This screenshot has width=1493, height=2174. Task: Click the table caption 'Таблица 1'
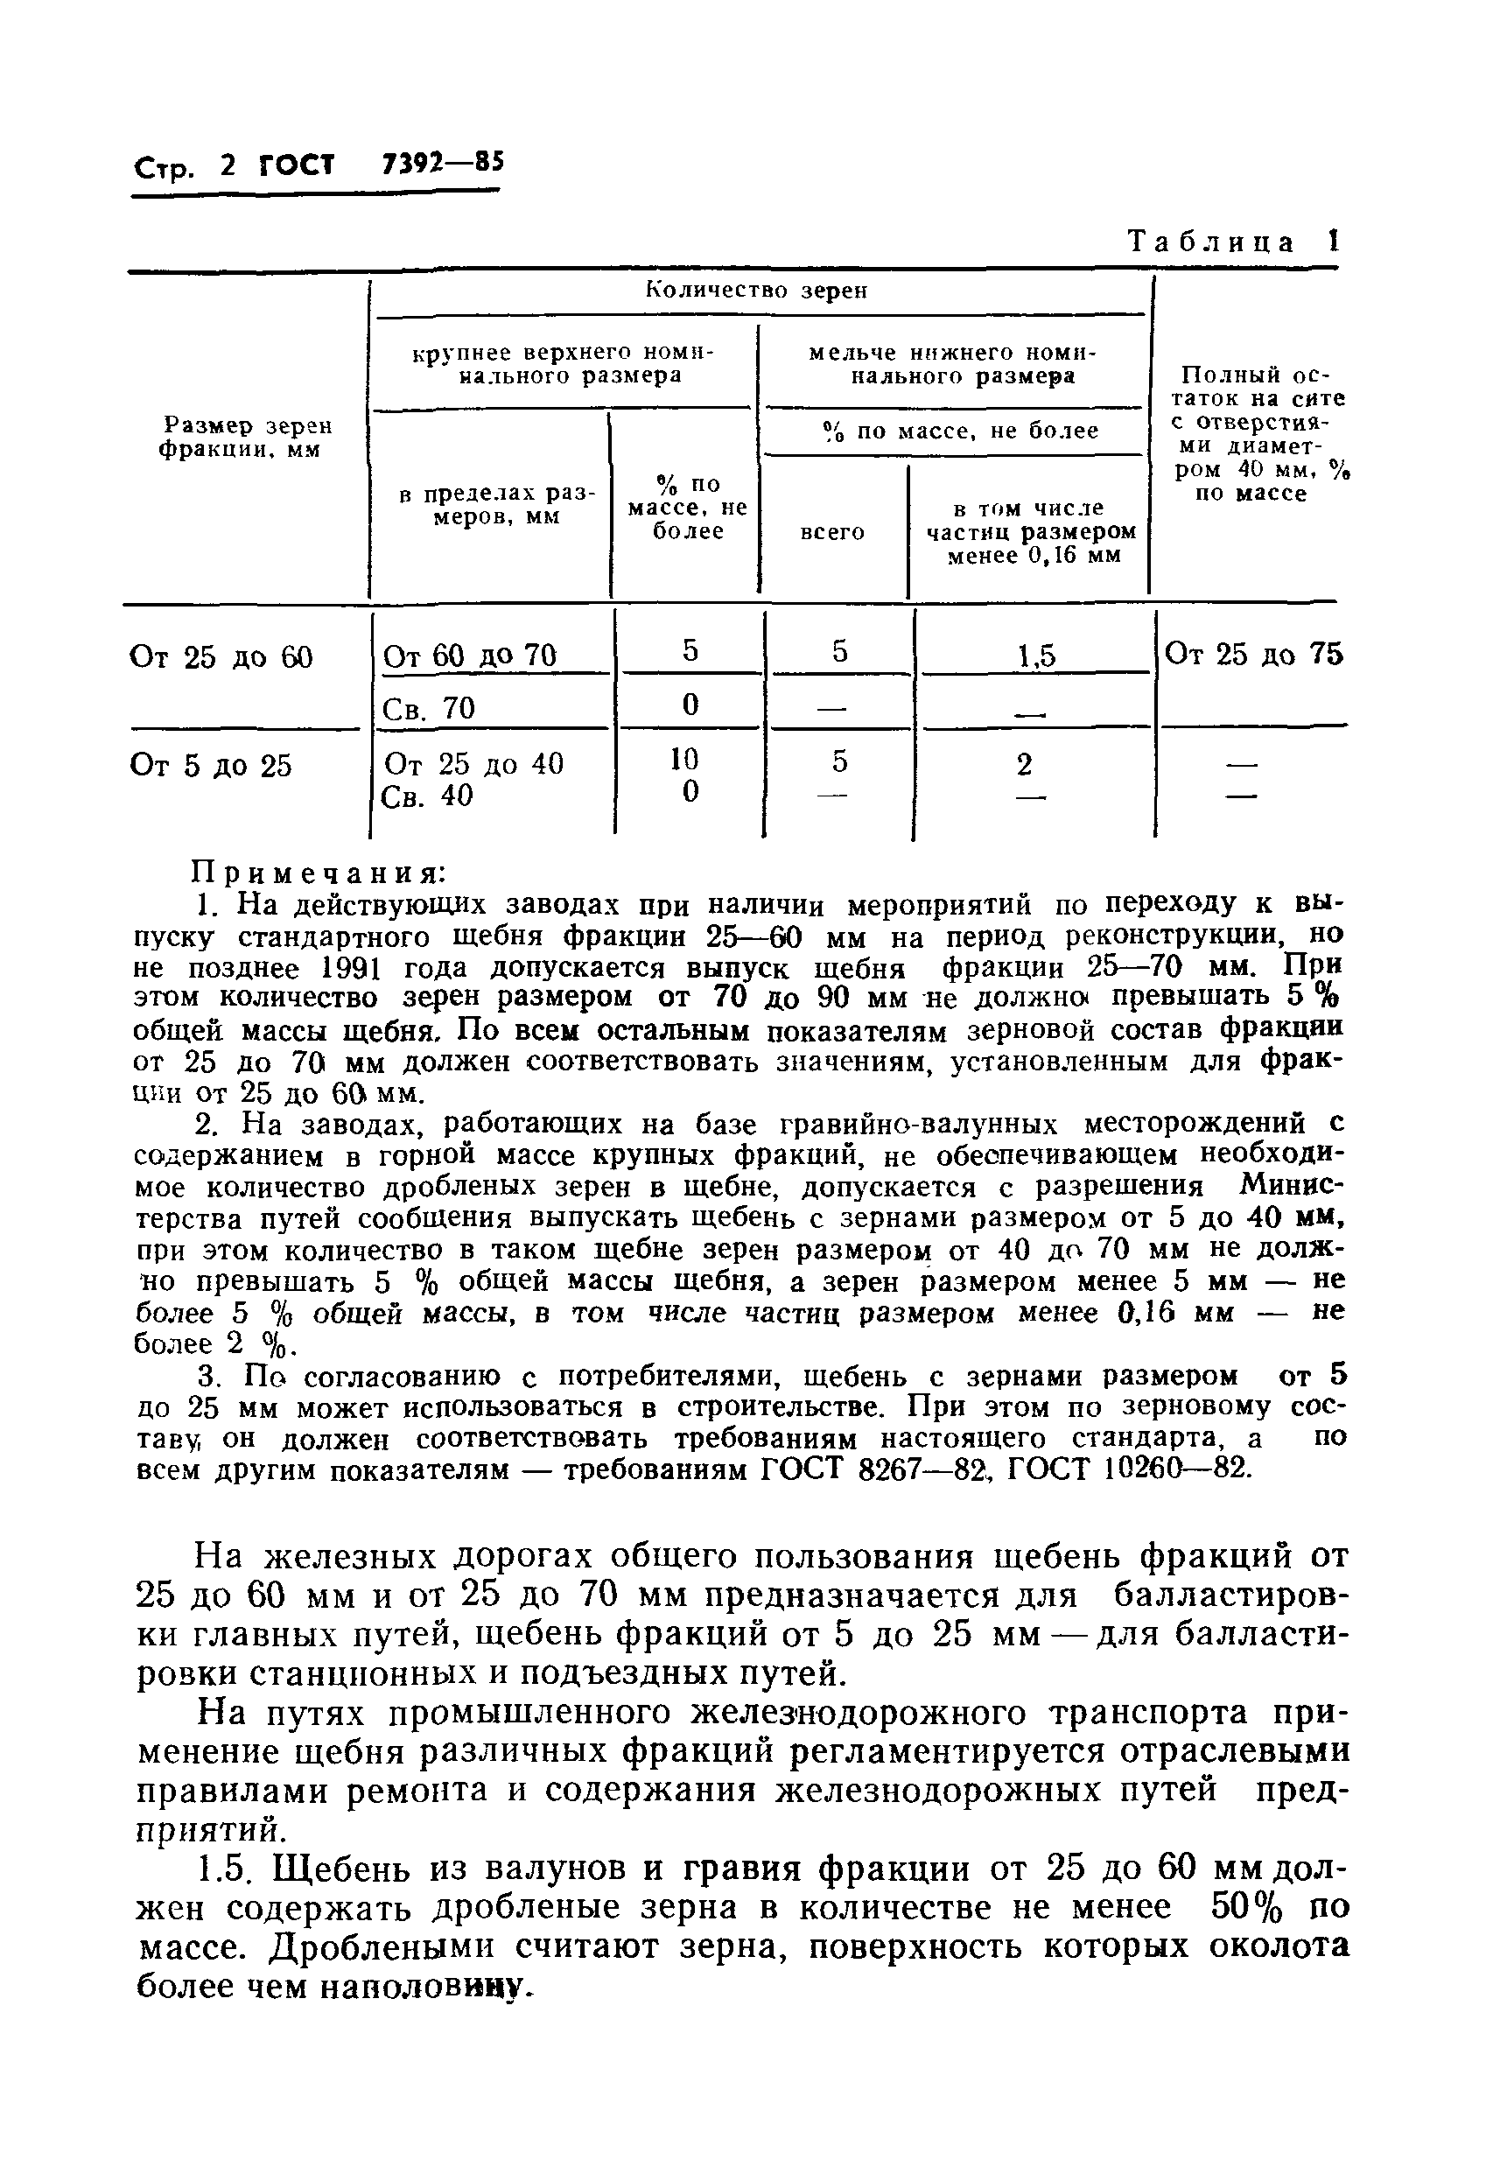click(1234, 242)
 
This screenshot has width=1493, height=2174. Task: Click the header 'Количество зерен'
click(757, 291)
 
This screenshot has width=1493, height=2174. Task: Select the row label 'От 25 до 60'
click(221, 658)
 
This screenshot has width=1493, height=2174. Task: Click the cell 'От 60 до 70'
click(470, 656)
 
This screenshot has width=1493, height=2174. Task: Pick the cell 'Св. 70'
click(430, 708)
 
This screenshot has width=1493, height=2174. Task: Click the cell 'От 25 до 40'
click(474, 764)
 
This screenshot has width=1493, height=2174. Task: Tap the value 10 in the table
click(690, 759)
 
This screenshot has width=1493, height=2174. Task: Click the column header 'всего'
click(832, 532)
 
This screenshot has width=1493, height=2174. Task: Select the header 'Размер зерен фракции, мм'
click(246, 438)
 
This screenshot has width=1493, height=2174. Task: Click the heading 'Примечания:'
click(318, 873)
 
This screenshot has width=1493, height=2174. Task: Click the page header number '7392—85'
click(443, 164)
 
